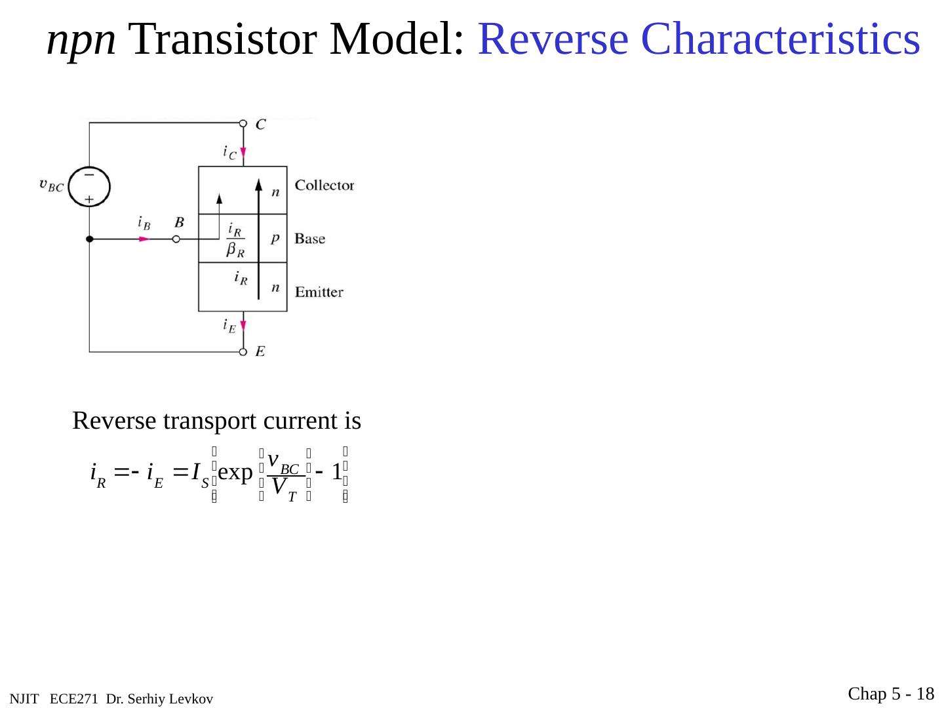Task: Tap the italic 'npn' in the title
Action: point(82,41)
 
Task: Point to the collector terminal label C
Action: point(260,124)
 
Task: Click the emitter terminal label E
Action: point(260,352)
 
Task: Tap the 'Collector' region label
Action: point(324,186)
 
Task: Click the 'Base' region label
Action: point(309,239)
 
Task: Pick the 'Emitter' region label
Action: point(319,292)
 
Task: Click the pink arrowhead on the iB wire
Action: point(145,239)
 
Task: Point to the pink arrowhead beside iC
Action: point(243,153)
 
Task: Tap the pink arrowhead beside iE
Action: point(243,325)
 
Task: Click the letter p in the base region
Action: point(275,239)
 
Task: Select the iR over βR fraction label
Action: point(235,239)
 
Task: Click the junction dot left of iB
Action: point(90,239)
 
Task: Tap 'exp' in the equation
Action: point(235,473)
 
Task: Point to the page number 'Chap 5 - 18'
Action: point(891,694)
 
